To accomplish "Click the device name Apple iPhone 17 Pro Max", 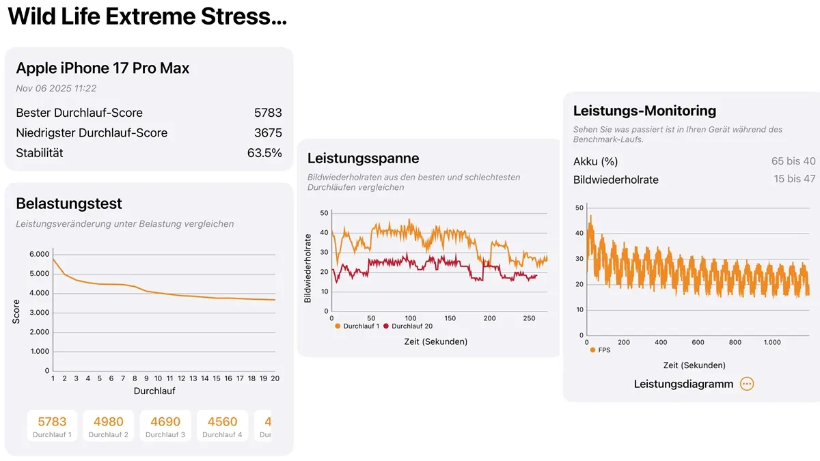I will click(x=102, y=68).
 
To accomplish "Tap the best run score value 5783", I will click(x=268, y=113).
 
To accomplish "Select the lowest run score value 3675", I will click(x=268, y=133).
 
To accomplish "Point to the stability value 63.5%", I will click(x=264, y=153).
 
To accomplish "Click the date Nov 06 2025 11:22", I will click(x=56, y=88).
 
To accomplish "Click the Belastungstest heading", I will click(x=69, y=204).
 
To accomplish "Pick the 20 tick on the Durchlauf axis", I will click(x=275, y=378).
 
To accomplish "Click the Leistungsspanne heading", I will click(x=363, y=158).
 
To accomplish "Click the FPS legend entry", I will click(x=602, y=350).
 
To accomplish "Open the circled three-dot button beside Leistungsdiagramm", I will click(x=747, y=384).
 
